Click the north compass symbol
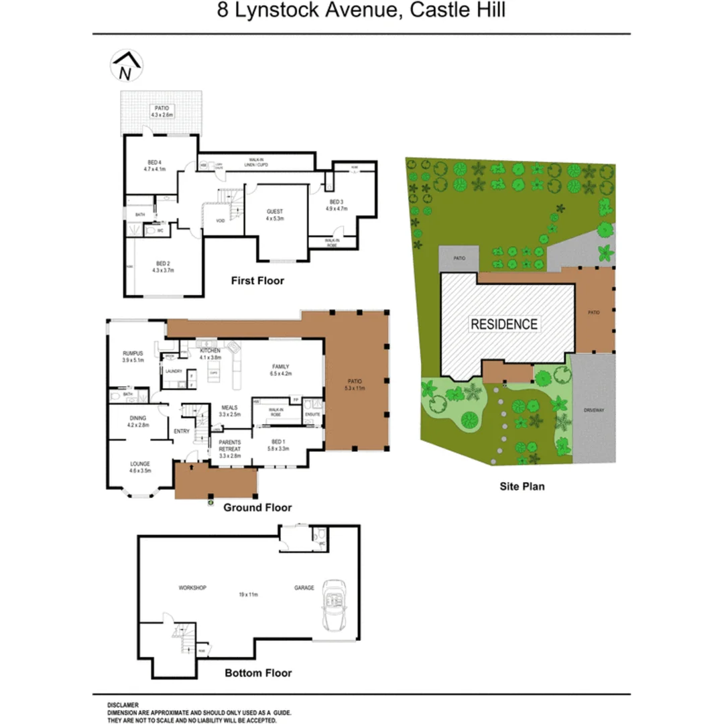click(125, 66)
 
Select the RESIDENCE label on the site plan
click(504, 324)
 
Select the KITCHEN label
click(210, 351)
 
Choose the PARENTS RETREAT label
click(229, 448)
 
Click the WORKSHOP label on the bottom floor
click(192, 588)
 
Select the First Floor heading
click(257, 280)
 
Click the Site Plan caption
click(522, 487)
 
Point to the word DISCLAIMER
click(123, 705)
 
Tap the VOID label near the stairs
click(219, 220)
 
